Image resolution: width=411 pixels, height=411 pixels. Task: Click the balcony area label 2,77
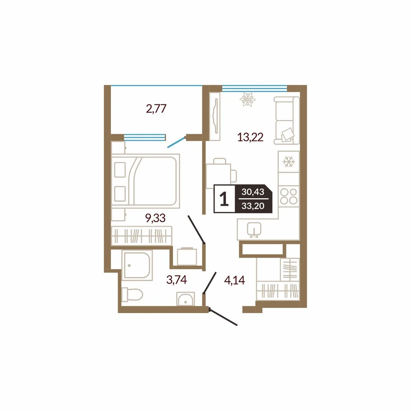pyautogui.click(x=156, y=109)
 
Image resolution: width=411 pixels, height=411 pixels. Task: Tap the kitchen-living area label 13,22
pyautogui.click(x=250, y=137)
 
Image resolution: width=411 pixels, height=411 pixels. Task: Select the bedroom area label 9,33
pyautogui.click(x=155, y=218)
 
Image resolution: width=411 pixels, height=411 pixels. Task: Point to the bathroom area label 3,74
pyautogui.click(x=177, y=280)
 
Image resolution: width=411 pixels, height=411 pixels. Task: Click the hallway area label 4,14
pyautogui.click(x=235, y=280)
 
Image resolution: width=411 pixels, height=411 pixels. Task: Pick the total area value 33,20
pyautogui.click(x=253, y=206)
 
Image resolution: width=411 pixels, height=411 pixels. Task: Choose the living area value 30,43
pyautogui.click(x=253, y=192)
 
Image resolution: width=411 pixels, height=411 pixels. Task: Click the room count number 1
pyautogui.click(x=224, y=199)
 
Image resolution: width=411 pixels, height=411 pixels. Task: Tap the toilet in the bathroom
pyautogui.click(x=132, y=295)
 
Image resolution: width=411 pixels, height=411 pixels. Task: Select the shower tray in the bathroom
pyautogui.click(x=137, y=265)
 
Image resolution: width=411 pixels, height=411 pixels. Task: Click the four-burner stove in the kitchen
pyautogui.click(x=289, y=196)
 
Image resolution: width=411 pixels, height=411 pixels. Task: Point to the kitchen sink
pyautogui.click(x=254, y=230)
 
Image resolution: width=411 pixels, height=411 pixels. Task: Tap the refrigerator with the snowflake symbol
pyautogui.click(x=289, y=162)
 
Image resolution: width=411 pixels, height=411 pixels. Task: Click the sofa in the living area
pyautogui.click(x=286, y=120)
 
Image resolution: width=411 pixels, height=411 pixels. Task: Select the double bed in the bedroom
pyautogui.click(x=145, y=181)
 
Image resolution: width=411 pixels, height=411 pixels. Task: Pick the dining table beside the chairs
pyautogui.click(x=219, y=176)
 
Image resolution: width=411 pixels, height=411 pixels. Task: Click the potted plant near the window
pyautogui.click(x=247, y=99)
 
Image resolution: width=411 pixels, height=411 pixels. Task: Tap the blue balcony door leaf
pyautogui.click(x=176, y=142)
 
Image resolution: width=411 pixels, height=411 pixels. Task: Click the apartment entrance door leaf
pyautogui.click(x=223, y=318)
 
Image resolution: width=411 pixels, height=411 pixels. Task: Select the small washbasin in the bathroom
pyautogui.click(x=186, y=299)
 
